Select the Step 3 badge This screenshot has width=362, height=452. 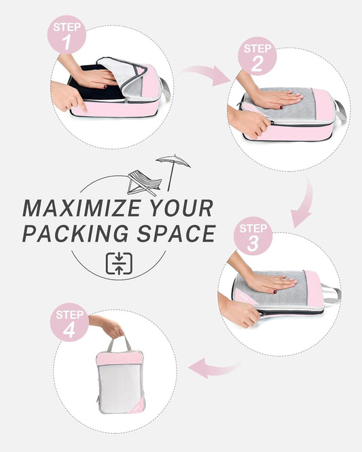click(253, 236)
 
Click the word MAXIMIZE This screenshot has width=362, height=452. click(82, 207)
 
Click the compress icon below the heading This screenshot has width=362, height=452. click(120, 263)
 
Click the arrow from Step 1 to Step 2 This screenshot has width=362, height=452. click(206, 75)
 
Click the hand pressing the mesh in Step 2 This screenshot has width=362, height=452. click(275, 99)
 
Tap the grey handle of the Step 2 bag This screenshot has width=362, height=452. click(340, 111)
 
